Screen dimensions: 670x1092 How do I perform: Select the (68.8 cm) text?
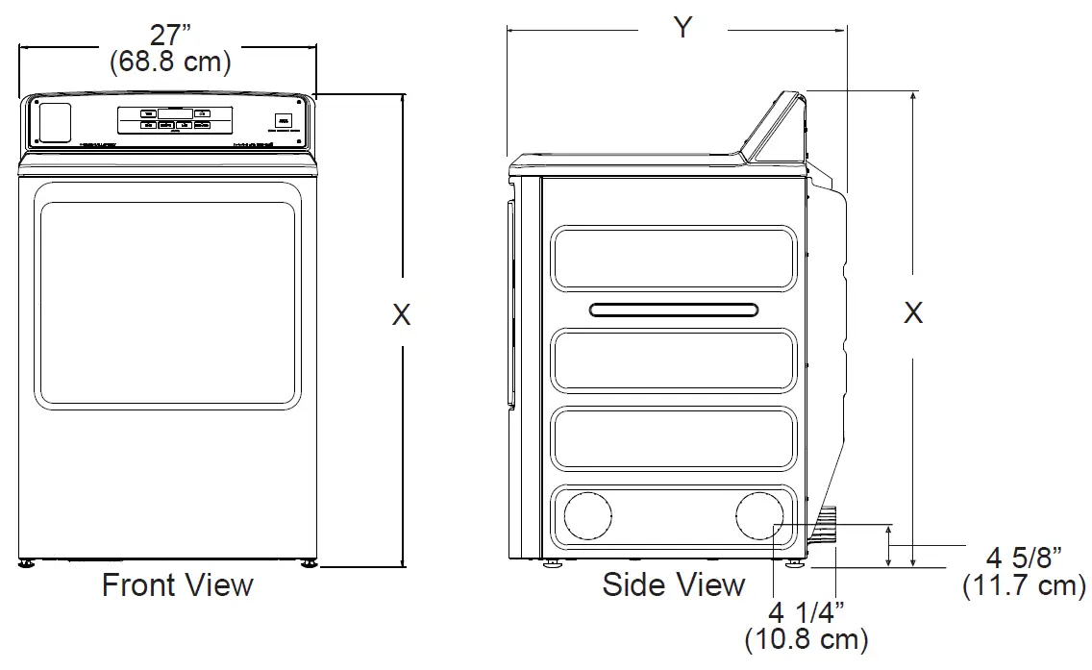coord(169,63)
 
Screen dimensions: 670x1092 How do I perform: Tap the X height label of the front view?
coord(401,314)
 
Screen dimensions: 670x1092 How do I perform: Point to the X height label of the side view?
coord(913,312)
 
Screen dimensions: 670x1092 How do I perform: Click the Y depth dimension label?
coord(682,29)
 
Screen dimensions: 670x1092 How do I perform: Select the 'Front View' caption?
coord(178,584)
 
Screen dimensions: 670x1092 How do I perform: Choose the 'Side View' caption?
coord(673,584)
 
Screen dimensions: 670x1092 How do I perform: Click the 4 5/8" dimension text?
coord(1024,558)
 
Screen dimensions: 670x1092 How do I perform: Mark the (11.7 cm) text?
coord(1024,585)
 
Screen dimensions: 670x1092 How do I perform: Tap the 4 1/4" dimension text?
coord(806,611)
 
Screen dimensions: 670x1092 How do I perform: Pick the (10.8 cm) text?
coord(806,638)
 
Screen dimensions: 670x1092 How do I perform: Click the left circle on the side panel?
coord(587,516)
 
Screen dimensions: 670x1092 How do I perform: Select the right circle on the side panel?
coord(758,516)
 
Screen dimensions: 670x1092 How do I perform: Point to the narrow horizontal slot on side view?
coord(673,310)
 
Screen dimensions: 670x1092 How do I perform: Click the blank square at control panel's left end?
coord(54,123)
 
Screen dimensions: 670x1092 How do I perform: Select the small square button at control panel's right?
coord(283,121)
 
